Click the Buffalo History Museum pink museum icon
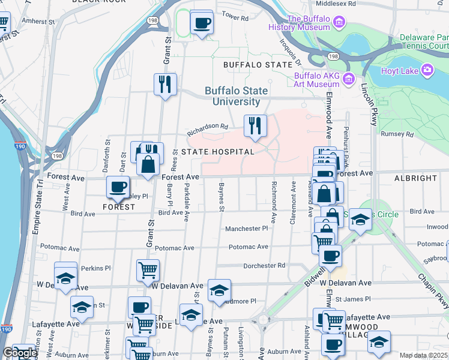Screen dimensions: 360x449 coord(339,23)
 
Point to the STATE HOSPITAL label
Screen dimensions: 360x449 coord(218,152)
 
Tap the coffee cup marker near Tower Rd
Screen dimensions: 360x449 coord(202,23)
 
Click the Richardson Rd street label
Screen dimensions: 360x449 coord(208,127)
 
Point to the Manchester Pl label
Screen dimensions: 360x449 coord(246,229)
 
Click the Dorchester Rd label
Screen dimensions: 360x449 coord(264,265)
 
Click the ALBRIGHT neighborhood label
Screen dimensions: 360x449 coord(415,178)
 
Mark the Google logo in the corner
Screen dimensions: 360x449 coord(19,353)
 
